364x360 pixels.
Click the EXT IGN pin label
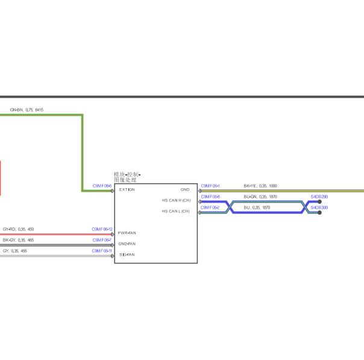tap(127, 190)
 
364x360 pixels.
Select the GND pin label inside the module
tap(185, 190)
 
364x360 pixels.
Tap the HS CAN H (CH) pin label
tap(176, 200)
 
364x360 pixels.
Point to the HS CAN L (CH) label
tap(175, 212)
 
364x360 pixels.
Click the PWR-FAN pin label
tap(127, 233)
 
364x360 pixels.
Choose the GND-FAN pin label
tap(127, 244)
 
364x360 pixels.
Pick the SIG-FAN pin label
tap(127, 254)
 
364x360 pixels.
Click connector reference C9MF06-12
tap(102, 229)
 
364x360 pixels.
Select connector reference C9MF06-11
tap(102, 251)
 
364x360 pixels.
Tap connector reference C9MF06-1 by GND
tap(210, 186)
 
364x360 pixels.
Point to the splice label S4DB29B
tap(319, 197)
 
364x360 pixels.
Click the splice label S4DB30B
tap(319, 207)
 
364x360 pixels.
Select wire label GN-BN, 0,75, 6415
tap(27, 110)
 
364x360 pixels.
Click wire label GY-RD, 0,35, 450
tap(18, 229)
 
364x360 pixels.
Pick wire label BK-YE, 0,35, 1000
tap(260, 186)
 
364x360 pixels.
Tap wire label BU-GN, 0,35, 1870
tap(260, 197)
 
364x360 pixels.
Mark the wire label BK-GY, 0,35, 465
tap(18, 240)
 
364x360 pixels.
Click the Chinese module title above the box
tap(127, 177)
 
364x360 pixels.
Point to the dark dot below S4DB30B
tap(319, 212)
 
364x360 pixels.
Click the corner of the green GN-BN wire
tap(82, 115)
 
